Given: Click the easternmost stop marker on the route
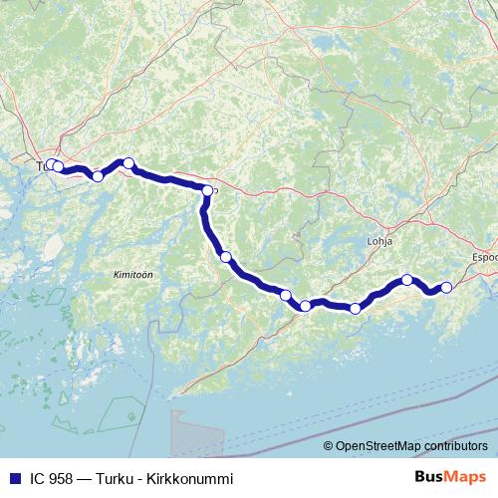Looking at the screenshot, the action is point(446,288).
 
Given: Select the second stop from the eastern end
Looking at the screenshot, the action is point(407,279).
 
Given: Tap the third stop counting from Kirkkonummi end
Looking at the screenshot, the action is point(356,308).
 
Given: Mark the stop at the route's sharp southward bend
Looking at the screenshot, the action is point(207,190).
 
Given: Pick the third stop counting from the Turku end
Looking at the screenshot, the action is point(98,176).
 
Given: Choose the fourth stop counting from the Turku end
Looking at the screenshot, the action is point(127,163).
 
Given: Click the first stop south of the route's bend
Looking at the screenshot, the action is point(225,257).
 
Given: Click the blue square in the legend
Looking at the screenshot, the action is point(13,477).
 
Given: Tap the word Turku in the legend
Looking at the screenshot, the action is point(115,477).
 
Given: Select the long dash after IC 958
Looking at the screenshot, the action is point(85,477).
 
